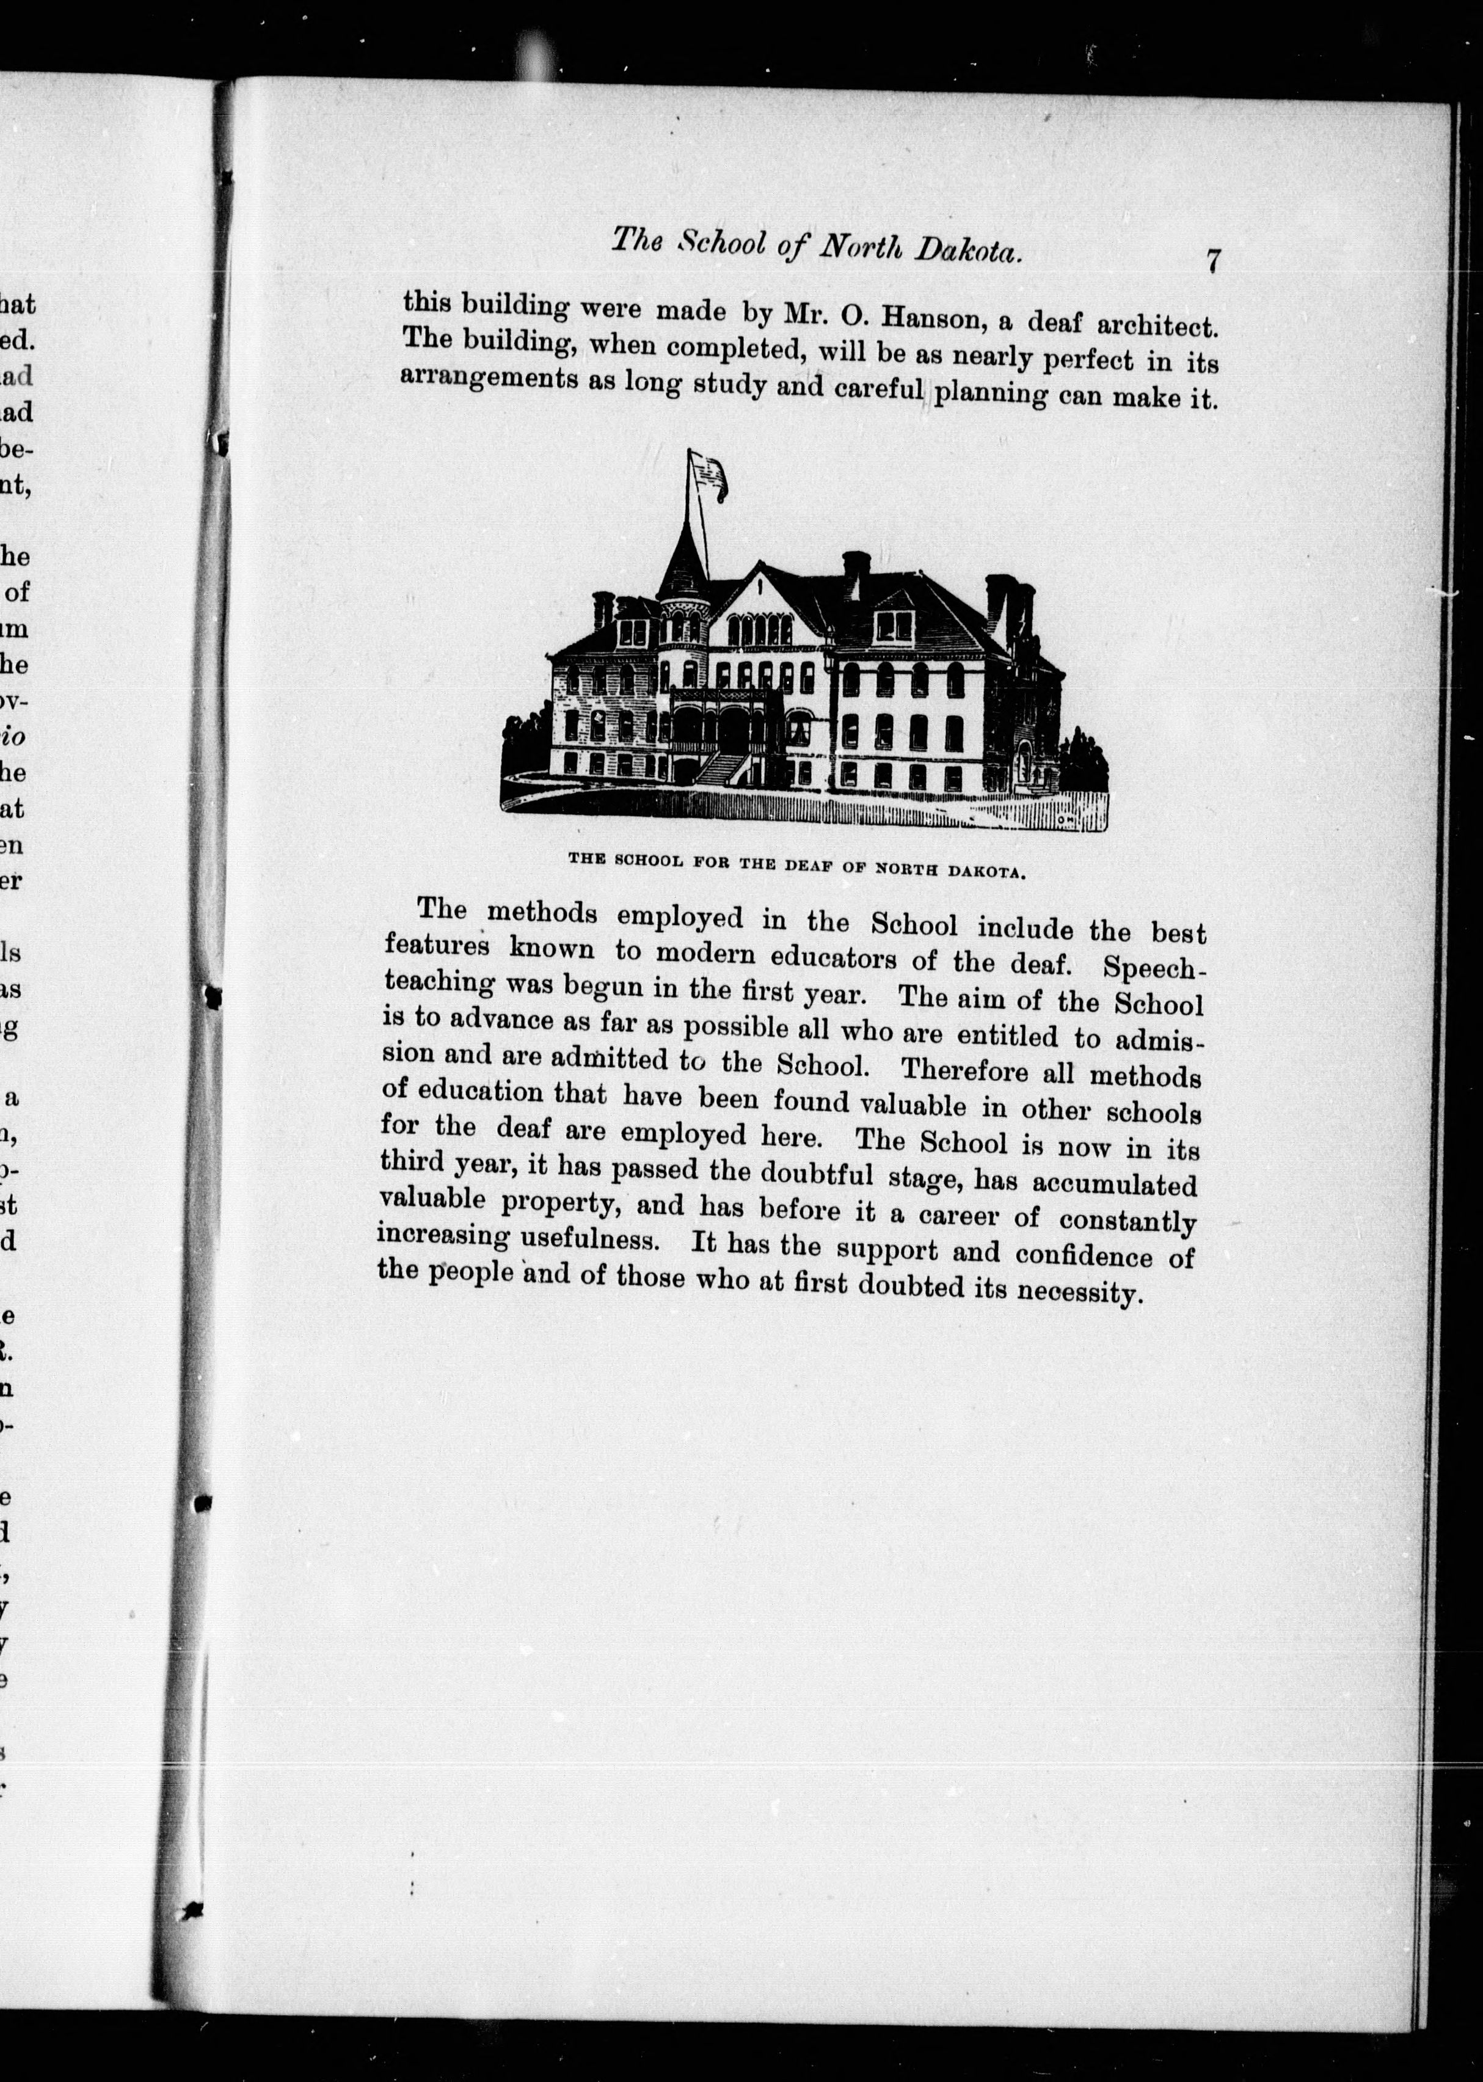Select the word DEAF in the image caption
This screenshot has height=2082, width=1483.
click(x=813, y=865)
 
